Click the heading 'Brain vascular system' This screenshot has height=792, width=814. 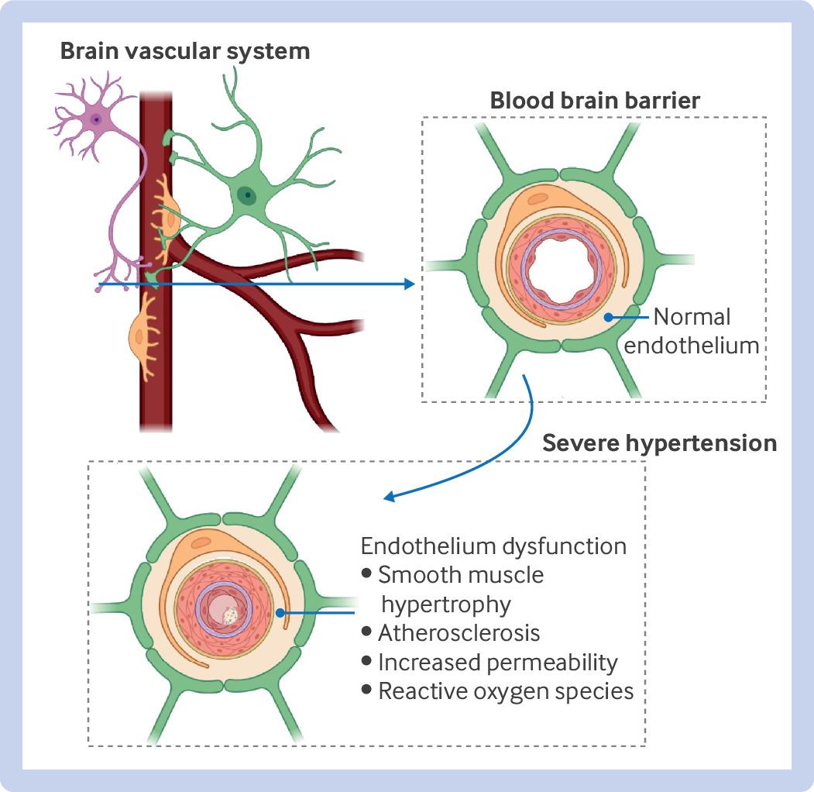[185, 51]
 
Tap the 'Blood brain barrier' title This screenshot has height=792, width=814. [595, 100]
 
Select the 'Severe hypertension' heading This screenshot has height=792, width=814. [659, 443]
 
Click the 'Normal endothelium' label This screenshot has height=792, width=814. [692, 331]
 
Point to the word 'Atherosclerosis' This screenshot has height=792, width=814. [459, 633]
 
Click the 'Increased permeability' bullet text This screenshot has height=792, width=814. [498, 663]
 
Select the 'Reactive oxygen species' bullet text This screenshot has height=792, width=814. [507, 691]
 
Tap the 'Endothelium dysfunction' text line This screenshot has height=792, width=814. [493, 546]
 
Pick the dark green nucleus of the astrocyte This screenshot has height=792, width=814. [247, 195]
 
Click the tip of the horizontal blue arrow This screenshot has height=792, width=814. [415, 284]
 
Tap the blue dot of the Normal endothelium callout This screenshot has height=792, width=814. [608, 317]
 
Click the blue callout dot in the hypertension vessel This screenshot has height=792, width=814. [280, 613]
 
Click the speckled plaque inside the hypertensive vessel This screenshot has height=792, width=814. [231, 616]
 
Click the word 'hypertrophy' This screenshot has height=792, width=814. [446, 604]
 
